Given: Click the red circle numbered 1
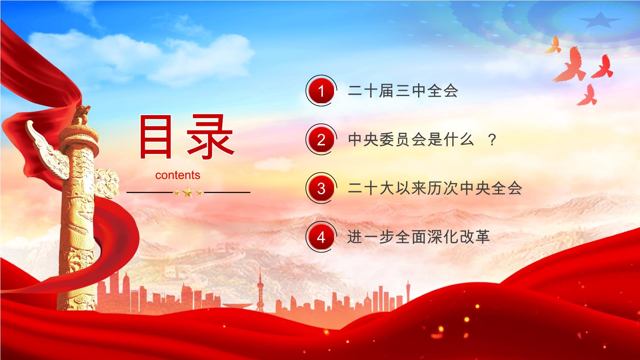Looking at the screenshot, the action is [x=321, y=91].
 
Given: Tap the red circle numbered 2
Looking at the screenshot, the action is [x=321, y=139].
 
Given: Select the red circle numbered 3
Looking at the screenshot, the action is [x=321, y=188].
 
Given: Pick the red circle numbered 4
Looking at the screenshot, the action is [x=321, y=237].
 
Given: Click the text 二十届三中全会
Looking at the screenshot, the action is [x=403, y=91].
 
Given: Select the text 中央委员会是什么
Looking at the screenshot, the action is [x=410, y=140].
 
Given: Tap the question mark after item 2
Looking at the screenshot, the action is [x=492, y=140].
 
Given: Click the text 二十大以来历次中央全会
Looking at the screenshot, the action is [x=435, y=188].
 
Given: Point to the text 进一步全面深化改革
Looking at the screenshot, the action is [x=418, y=237].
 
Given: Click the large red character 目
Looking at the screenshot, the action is [x=156, y=137].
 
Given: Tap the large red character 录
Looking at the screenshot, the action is [x=210, y=137].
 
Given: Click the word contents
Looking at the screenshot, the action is [x=178, y=175].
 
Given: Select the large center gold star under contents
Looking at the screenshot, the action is [x=188, y=192].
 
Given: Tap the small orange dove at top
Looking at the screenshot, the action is [x=554, y=45].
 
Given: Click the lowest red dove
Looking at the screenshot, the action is [x=587, y=95].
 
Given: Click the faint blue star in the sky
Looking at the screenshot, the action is [x=600, y=20].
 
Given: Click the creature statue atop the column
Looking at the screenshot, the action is [x=81, y=115].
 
